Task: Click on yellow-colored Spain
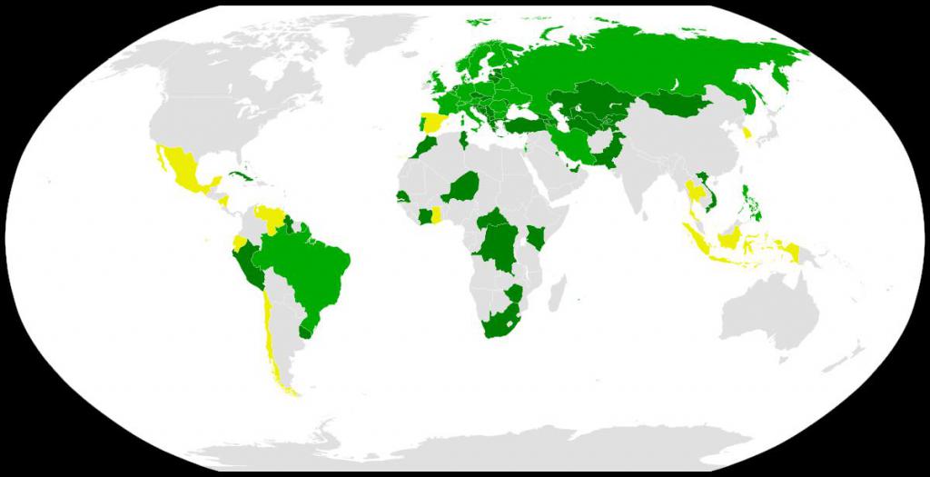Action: (x=430, y=124)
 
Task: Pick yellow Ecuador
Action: (x=240, y=243)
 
